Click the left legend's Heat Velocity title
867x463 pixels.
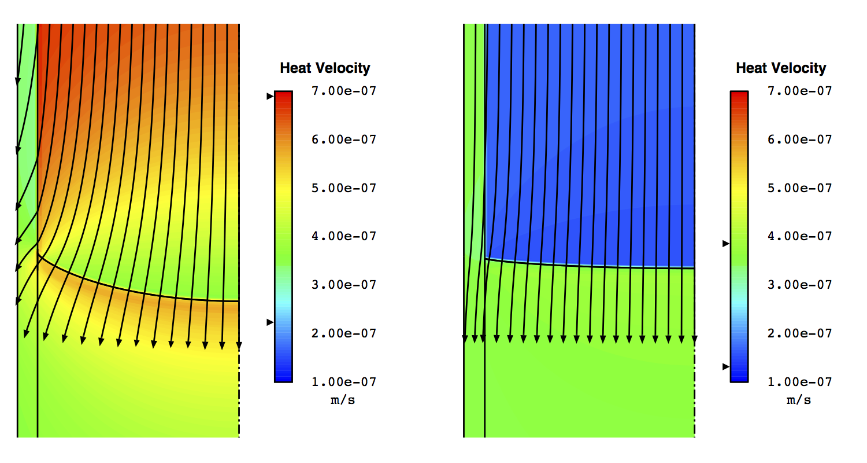pyautogui.click(x=325, y=68)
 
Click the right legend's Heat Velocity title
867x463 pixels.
pyautogui.click(x=781, y=68)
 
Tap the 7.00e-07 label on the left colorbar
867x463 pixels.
pyautogui.click(x=344, y=91)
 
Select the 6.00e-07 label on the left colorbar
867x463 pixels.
pyautogui.click(x=344, y=139)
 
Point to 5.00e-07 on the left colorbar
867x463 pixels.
pyautogui.click(x=344, y=188)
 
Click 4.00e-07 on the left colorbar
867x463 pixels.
pyautogui.click(x=344, y=236)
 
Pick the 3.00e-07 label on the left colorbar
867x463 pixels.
pyautogui.click(x=344, y=285)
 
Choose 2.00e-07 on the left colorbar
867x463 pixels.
pyautogui.click(x=344, y=333)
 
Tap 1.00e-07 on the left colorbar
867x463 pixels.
pyautogui.click(x=344, y=382)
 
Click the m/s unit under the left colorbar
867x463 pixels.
pyautogui.click(x=343, y=400)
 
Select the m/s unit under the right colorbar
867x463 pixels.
pyautogui.click(x=799, y=400)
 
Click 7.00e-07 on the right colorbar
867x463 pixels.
pyautogui.click(x=800, y=91)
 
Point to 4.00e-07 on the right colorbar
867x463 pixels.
pyautogui.click(x=800, y=236)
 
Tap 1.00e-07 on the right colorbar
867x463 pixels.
pyautogui.click(x=800, y=382)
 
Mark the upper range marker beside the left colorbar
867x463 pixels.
pyautogui.click(x=269, y=97)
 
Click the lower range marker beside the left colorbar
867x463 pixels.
pyautogui.click(x=269, y=322)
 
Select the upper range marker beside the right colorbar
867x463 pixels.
pyautogui.click(x=725, y=244)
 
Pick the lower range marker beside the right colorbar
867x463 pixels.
pyautogui.click(x=725, y=366)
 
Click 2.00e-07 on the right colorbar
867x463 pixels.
pyautogui.click(x=800, y=333)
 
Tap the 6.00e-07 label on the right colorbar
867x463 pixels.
pyautogui.click(x=800, y=139)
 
